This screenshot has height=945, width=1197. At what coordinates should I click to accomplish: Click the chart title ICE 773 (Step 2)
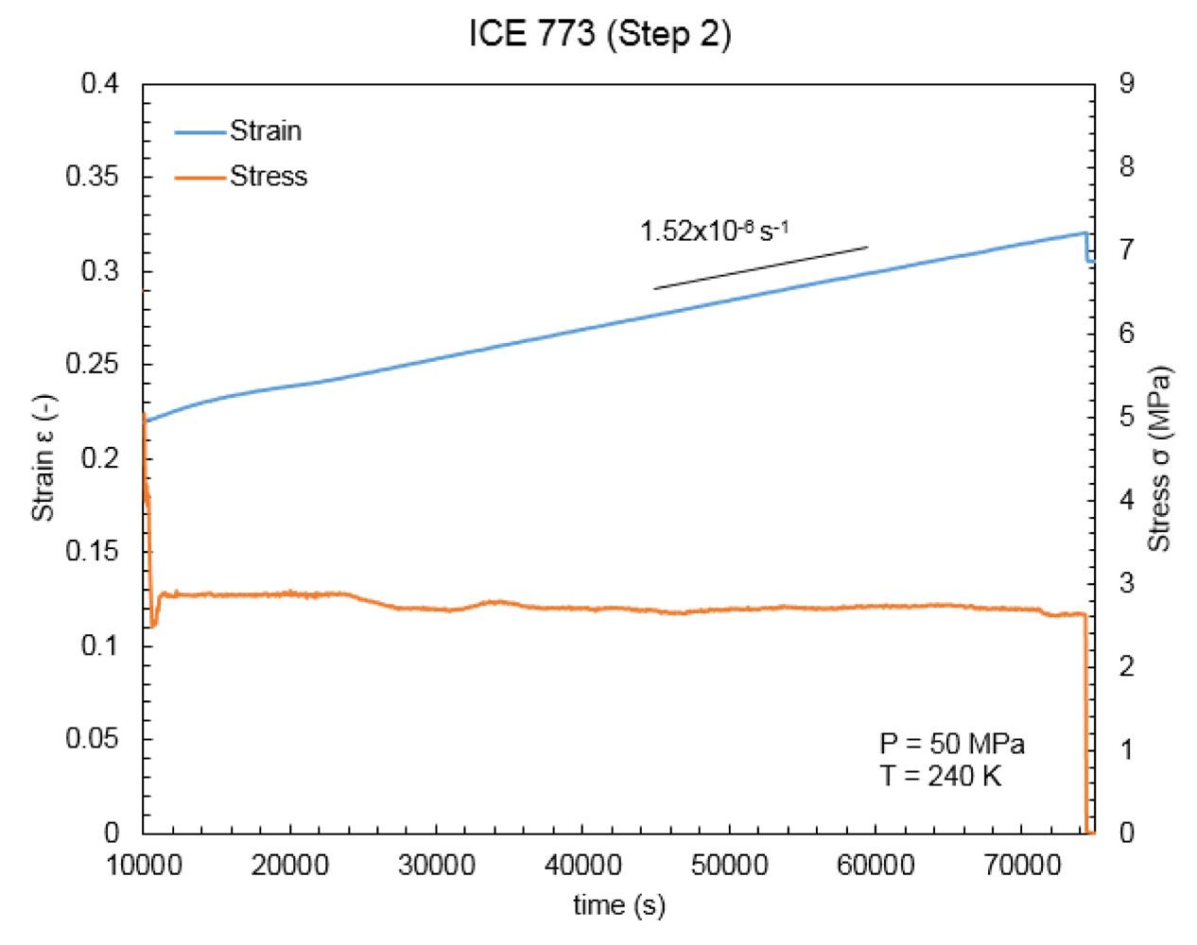[599, 34]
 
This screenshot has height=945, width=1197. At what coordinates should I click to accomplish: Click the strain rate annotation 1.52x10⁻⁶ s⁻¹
[714, 231]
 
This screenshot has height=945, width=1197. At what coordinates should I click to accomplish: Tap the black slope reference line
[760, 267]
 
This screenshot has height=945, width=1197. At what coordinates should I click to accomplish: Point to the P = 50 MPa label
[951, 744]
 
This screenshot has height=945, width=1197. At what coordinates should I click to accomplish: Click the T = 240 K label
[940, 776]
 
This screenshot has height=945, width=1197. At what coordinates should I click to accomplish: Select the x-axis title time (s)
[618, 905]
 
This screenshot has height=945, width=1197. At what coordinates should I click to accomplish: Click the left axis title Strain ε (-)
[43, 457]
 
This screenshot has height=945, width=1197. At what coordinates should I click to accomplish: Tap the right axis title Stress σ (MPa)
[1158, 458]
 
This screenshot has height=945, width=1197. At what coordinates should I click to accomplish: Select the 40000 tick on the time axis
[582, 865]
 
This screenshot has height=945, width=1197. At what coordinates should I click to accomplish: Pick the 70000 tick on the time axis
[1022, 865]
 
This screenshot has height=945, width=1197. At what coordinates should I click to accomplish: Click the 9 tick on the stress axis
[1126, 83]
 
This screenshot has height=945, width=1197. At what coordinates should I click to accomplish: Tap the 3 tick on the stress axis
[1126, 583]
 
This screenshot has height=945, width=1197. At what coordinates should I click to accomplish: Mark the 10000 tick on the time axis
[144, 865]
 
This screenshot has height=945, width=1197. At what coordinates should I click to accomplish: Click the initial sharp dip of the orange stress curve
[153, 624]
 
